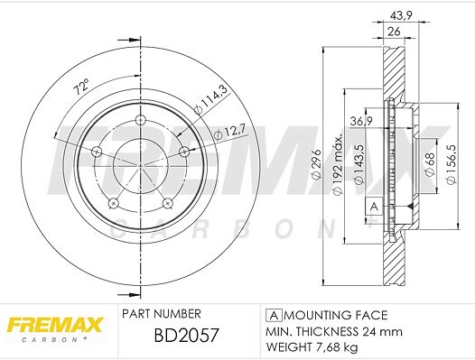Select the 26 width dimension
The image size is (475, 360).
pos(394,32)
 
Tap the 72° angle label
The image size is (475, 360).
pos(81,87)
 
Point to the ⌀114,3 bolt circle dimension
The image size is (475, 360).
pos(210,99)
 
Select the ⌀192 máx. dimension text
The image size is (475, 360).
pos(338,164)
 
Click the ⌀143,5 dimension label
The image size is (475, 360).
pos(359,164)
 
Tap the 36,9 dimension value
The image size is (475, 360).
pos(361,122)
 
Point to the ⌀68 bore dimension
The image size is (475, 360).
pos(430,164)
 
